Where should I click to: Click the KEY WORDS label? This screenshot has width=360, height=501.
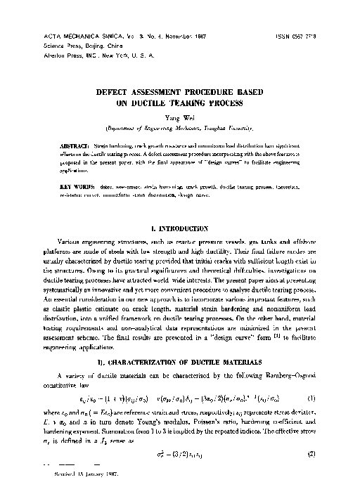pos(70,186)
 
